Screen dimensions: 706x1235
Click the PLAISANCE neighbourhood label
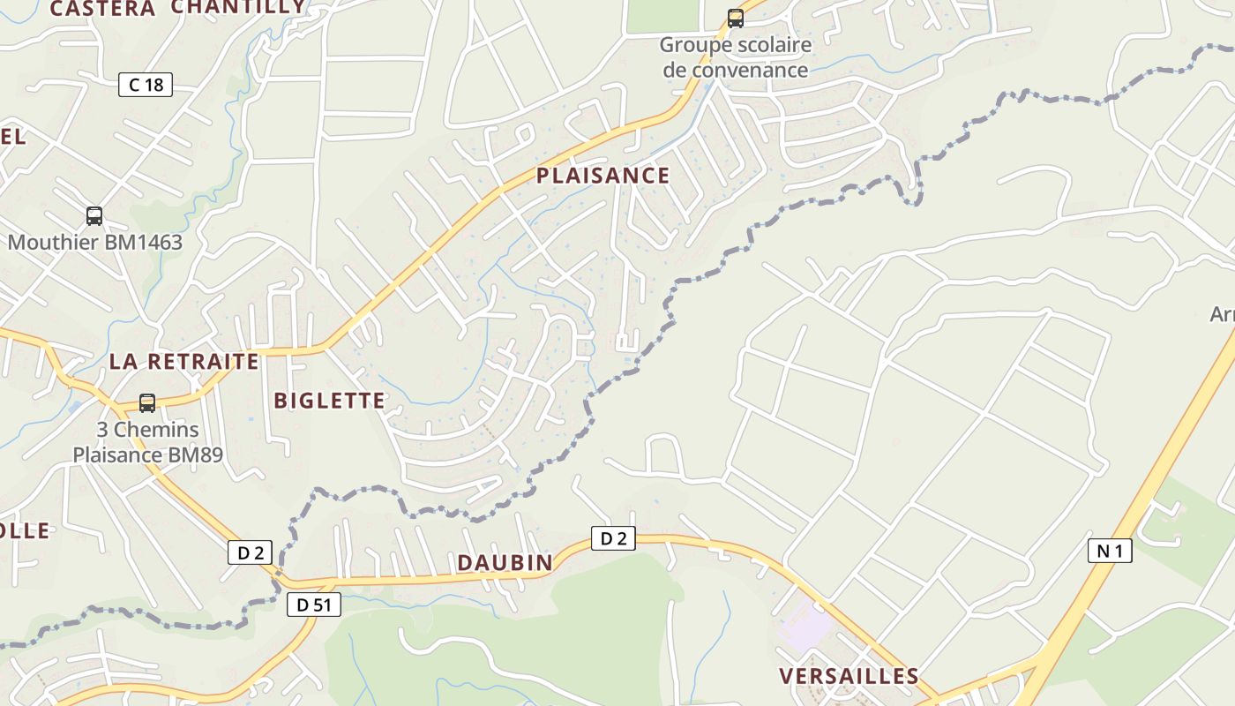(x=603, y=176)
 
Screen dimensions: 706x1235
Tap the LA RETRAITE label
(x=184, y=361)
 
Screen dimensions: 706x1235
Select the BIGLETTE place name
(x=330, y=401)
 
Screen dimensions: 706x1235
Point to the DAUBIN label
(x=505, y=562)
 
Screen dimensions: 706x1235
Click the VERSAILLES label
(x=849, y=676)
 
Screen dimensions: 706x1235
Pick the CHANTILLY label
(x=238, y=7)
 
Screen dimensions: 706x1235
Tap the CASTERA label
(x=102, y=9)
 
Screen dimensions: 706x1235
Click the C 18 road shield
(x=146, y=85)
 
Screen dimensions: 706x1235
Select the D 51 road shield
(x=314, y=605)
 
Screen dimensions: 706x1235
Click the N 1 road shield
(x=1110, y=552)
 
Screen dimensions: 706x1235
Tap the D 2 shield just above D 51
(x=251, y=553)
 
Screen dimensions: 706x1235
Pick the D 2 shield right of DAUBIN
(x=613, y=538)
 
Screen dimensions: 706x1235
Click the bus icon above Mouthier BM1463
(x=94, y=216)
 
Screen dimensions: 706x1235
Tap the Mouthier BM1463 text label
(x=95, y=242)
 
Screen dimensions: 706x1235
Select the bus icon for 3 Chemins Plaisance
(x=147, y=403)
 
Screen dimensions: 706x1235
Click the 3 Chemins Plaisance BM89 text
(x=147, y=443)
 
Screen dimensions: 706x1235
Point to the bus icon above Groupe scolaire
(x=735, y=19)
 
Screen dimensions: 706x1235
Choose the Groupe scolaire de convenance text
(x=735, y=56)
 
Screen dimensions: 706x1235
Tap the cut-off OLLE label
(x=25, y=530)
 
